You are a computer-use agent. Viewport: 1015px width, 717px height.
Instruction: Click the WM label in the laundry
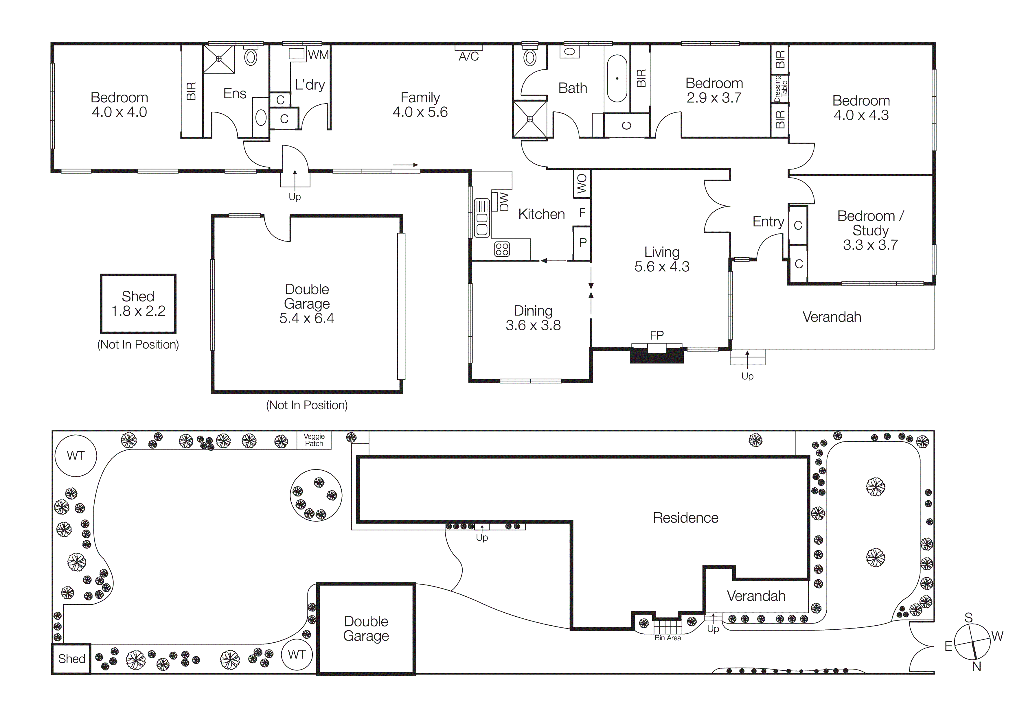coord(318,55)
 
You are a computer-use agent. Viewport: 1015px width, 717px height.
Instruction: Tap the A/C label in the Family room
coord(469,57)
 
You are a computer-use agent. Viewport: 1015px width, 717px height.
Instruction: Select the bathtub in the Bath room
coord(617,79)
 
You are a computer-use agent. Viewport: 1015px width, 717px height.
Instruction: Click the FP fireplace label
coord(657,335)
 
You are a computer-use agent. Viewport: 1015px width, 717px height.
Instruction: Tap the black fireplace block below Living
coord(657,356)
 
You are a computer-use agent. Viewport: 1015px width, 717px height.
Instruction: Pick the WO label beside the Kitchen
coord(582,183)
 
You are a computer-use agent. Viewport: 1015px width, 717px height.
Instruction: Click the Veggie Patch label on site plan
coord(314,440)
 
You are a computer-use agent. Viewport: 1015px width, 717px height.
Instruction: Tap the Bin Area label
coord(668,638)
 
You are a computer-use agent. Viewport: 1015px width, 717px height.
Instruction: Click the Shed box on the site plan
coord(72,659)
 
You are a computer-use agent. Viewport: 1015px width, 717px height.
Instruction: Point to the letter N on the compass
coord(977,667)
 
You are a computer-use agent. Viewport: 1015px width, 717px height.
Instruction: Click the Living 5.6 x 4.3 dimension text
coord(662,266)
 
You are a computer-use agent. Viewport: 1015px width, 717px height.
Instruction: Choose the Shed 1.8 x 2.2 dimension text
coord(138,311)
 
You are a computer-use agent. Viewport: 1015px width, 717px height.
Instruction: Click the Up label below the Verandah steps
coord(747,376)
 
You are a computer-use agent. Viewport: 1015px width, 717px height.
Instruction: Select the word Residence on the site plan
coord(686,518)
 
